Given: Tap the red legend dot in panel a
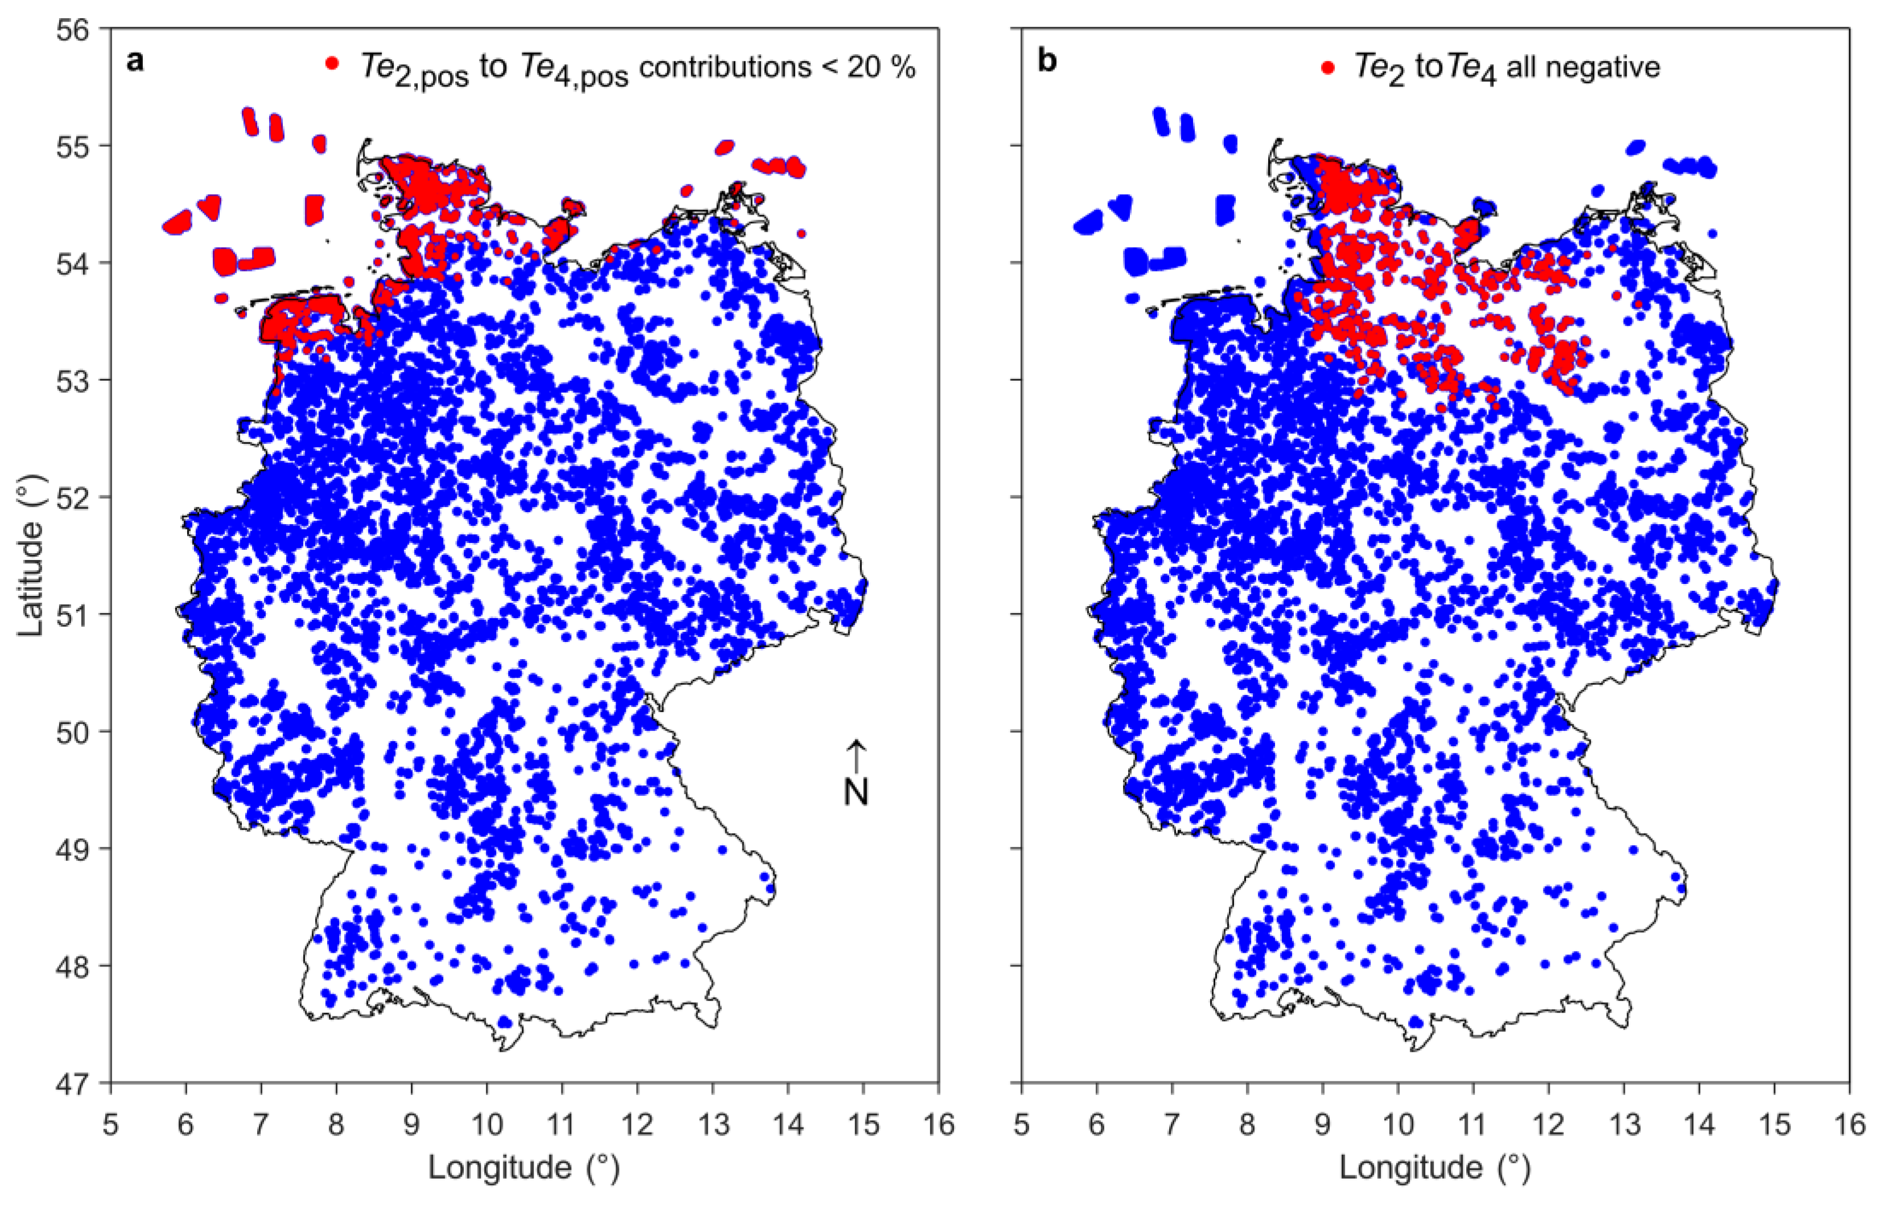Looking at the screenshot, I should point(332,63).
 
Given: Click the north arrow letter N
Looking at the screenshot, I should point(856,792).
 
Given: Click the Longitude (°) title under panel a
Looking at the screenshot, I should point(524,1167).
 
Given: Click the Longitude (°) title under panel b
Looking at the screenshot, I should point(1435,1167).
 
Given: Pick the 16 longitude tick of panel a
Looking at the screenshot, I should point(939,1125).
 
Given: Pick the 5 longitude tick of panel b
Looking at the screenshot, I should point(1021,1125).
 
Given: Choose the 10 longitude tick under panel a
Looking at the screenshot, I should point(487,1125).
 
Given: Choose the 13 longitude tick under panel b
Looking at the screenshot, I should point(1624,1125).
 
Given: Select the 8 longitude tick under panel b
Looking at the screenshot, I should point(1247,1125).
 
